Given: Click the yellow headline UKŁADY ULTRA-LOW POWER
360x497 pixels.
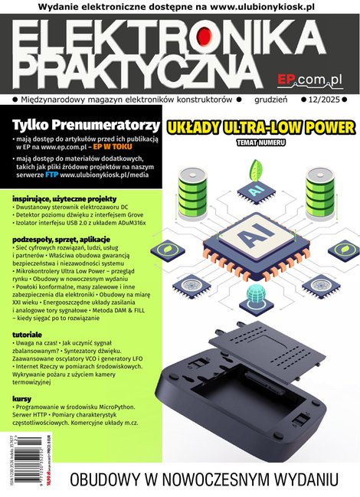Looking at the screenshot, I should click(260, 126).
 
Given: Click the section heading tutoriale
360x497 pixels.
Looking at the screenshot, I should click(31, 335).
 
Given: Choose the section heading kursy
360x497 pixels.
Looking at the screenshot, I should click(25, 399).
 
